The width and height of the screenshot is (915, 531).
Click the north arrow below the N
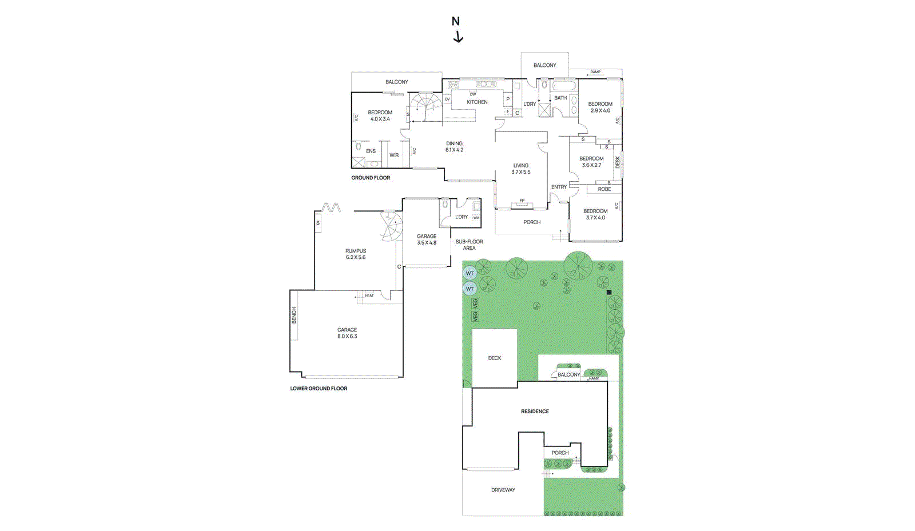(x=458, y=37)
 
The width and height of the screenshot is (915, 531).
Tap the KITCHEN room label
(x=477, y=102)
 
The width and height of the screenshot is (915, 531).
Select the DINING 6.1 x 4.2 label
(x=455, y=147)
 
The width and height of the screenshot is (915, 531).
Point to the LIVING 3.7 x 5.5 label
(x=521, y=169)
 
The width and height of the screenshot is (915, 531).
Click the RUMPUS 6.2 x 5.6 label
(x=356, y=254)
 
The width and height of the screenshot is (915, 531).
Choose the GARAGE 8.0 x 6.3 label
(x=347, y=333)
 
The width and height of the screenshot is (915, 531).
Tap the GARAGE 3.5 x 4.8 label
(x=427, y=239)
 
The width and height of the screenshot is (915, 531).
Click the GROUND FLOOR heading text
(x=371, y=178)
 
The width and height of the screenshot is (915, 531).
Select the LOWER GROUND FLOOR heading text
(x=319, y=389)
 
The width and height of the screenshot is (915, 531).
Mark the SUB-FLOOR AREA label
(x=469, y=245)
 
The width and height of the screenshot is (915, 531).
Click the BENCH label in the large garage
(x=295, y=315)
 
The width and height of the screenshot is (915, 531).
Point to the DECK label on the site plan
(x=495, y=358)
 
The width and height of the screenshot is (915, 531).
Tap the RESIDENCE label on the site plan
(x=535, y=412)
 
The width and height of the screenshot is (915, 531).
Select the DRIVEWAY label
(x=503, y=490)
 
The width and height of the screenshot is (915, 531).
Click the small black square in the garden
(x=609, y=292)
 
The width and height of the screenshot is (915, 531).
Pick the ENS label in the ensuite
(x=371, y=151)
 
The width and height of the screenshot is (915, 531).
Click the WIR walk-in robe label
(x=394, y=155)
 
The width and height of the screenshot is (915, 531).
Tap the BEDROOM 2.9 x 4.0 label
(x=600, y=107)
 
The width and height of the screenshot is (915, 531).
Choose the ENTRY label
(x=559, y=187)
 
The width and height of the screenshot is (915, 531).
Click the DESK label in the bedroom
(x=618, y=162)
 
